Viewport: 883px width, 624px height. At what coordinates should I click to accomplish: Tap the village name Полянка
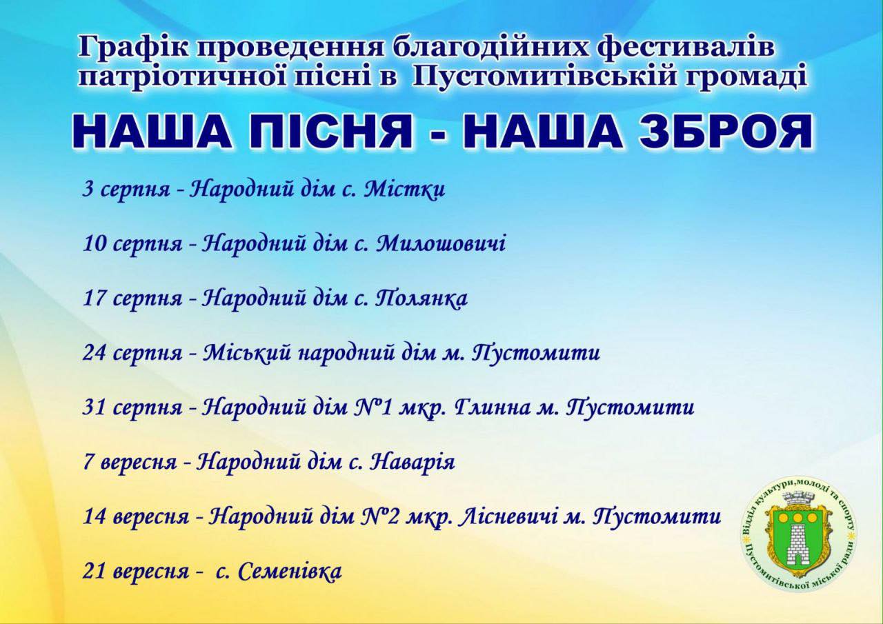click(x=421, y=298)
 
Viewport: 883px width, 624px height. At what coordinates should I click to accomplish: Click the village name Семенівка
click(x=290, y=571)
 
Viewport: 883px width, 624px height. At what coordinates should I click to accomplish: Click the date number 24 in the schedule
click(x=95, y=353)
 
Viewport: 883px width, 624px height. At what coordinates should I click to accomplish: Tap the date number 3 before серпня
click(x=88, y=190)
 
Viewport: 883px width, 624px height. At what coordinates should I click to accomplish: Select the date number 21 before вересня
click(x=94, y=571)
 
